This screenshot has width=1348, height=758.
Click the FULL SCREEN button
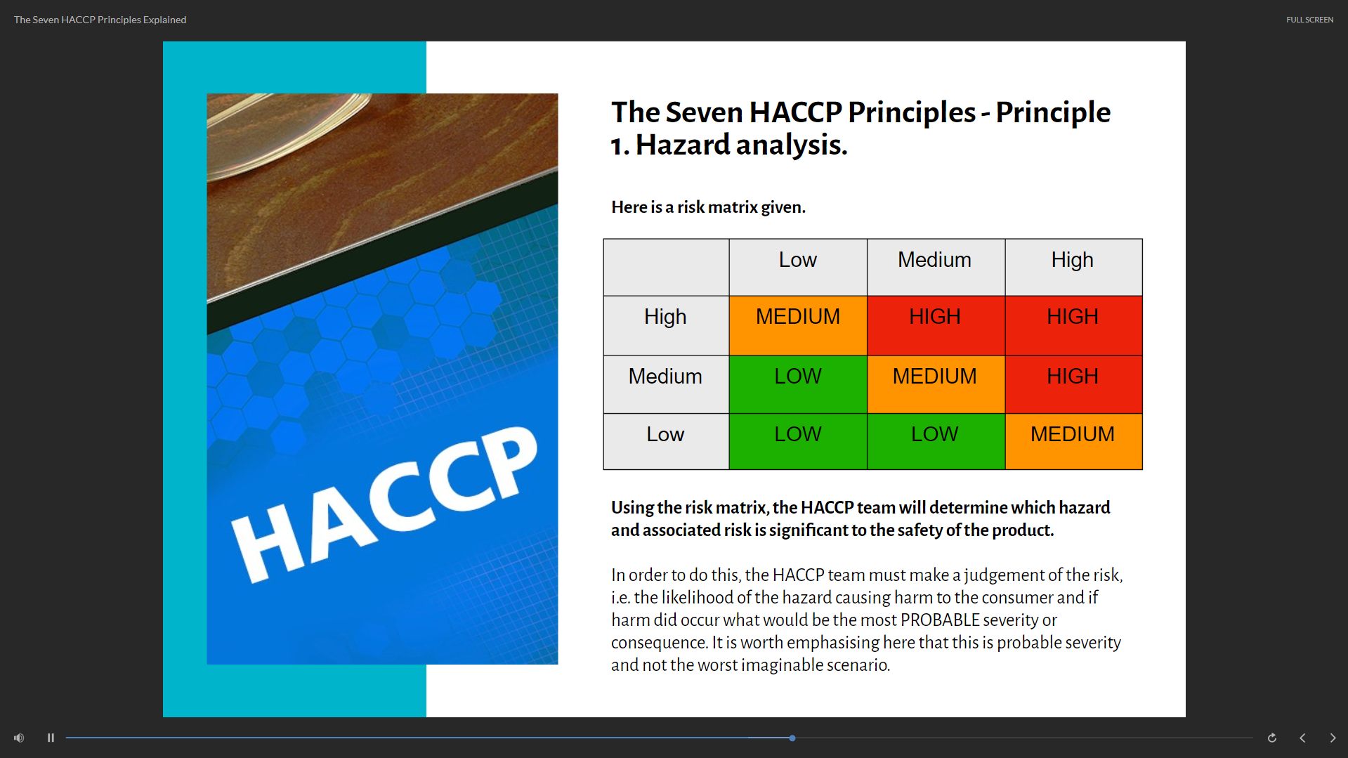pos(1309,20)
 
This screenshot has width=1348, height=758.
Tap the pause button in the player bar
pos(51,738)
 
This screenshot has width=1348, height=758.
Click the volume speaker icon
pos(19,738)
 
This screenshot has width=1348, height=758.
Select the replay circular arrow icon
pos(1271,738)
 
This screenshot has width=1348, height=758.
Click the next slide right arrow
pos(1333,738)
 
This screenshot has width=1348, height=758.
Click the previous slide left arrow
pos(1302,738)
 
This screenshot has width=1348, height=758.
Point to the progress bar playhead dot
pos(792,738)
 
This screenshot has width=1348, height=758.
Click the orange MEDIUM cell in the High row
pos(798,325)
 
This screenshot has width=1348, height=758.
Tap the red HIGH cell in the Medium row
pos(1073,384)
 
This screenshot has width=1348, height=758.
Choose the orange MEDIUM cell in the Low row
pos(1073,441)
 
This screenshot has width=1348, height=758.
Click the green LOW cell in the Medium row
pos(798,384)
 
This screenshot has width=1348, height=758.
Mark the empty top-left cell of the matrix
pos(666,267)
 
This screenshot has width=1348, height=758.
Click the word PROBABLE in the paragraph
pos(940,620)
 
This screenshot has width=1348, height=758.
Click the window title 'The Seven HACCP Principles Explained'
pos(100,20)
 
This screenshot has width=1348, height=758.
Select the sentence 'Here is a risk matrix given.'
pos(708,207)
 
